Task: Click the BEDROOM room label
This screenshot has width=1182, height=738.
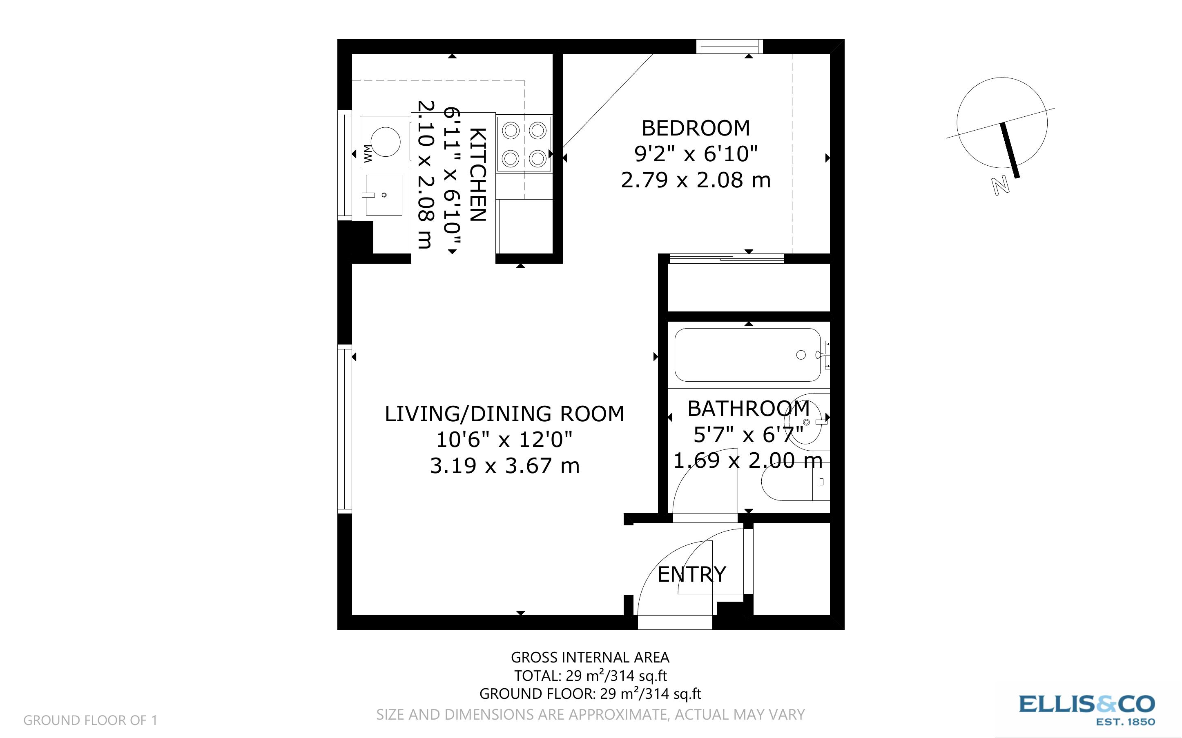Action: click(695, 128)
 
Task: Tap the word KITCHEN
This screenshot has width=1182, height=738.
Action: click(477, 175)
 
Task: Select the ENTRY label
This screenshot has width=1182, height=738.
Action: click(691, 574)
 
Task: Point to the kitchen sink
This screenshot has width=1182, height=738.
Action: click(384, 195)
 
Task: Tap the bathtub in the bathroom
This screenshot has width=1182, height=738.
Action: click(747, 355)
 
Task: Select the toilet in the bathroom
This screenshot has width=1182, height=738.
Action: click(795, 482)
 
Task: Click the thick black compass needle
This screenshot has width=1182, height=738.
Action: click(1010, 150)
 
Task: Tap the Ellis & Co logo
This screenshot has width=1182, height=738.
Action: click(1086, 708)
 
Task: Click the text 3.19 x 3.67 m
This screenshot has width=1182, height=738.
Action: click(504, 466)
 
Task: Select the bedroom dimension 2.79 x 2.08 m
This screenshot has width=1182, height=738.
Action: click(695, 180)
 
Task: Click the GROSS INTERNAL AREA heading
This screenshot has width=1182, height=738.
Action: click(590, 658)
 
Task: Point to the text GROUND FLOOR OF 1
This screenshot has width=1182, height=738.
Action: click(90, 720)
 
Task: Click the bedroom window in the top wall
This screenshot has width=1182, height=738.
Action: click(729, 47)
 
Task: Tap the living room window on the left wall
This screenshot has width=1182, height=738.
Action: click(345, 428)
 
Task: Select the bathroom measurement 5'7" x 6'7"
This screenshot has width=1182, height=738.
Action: click(748, 434)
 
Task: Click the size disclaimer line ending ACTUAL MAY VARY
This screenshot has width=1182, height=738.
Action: click(590, 715)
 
